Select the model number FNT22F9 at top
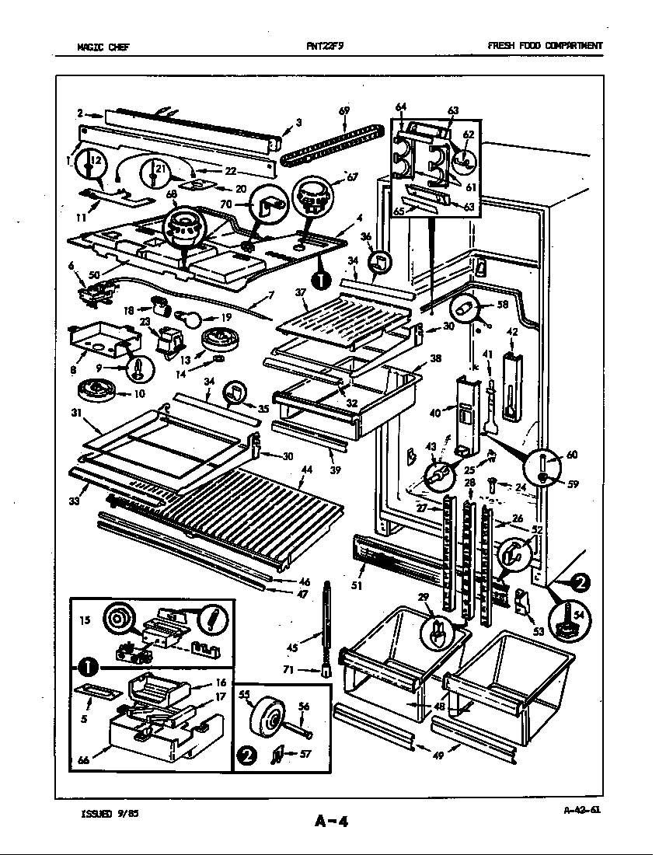tap(324, 46)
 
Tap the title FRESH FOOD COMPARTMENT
tap(544, 46)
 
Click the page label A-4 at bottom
tap(331, 822)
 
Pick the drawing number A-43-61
tap(581, 810)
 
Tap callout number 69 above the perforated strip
tap(344, 111)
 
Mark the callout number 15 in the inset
tap(85, 619)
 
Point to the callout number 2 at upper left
tap(80, 113)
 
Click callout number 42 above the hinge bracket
tap(512, 332)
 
